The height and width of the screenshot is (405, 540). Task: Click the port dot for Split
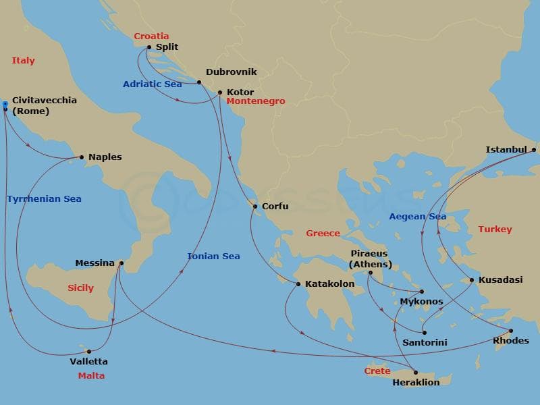coord(149,47)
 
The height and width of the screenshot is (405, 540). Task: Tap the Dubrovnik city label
coord(231,72)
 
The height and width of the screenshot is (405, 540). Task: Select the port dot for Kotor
coord(220,92)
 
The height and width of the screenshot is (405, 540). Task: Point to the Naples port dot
coord(82,157)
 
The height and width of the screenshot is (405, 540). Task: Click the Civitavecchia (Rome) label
coord(44,105)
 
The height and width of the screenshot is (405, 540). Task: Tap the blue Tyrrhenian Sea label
coord(44,198)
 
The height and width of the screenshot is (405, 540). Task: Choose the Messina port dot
coord(122,263)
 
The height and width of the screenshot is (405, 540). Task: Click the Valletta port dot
coord(89,351)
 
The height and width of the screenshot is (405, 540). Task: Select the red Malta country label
coord(91,375)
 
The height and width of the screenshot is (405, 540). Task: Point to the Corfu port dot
coord(254,207)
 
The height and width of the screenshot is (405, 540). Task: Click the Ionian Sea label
coord(213,256)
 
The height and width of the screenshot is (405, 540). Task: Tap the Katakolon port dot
coord(298,284)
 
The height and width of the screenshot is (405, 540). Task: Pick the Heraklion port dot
coord(416,373)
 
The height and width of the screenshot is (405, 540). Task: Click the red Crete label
coord(377,371)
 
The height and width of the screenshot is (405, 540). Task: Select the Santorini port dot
coord(424,332)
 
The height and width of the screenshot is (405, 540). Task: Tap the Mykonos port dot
coord(422,292)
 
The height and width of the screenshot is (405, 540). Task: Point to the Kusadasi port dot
coord(472,279)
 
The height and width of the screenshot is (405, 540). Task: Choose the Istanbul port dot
coord(533,150)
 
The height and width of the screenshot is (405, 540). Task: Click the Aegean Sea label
coord(418,216)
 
